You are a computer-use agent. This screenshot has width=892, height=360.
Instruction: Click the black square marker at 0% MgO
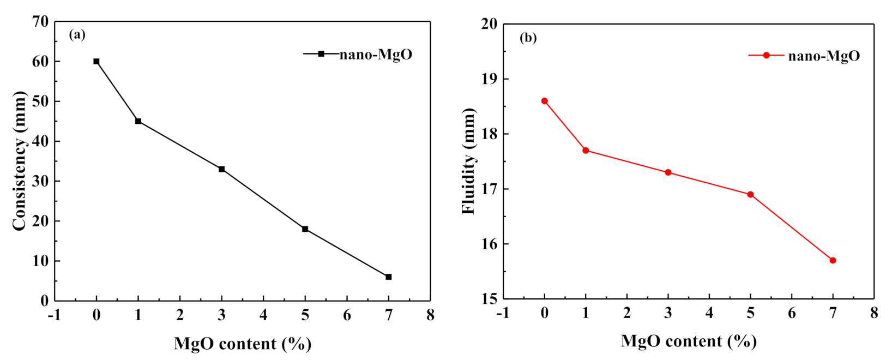pos(97,62)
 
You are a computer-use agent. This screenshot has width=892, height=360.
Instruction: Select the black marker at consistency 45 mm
pos(138,121)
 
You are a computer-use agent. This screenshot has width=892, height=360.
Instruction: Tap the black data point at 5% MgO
pos(305,229)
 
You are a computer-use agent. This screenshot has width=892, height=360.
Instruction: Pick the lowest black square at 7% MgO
pos(389,277)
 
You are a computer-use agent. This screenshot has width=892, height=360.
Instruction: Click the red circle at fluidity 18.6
pos(544,101)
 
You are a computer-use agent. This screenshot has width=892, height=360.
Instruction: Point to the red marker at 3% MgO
pos(668,172)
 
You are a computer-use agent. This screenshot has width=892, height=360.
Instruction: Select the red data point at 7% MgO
pos(833,260)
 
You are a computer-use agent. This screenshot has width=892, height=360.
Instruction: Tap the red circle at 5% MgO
pos(750,194)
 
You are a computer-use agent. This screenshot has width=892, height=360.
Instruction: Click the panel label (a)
pos(77,35)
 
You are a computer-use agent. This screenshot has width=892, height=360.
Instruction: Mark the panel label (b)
pos(528,38)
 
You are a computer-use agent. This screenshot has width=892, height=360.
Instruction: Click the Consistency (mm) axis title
pos(20,161)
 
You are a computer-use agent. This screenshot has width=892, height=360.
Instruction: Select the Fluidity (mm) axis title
pos(468,161)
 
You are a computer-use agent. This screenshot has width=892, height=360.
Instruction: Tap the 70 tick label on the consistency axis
pos(41,22)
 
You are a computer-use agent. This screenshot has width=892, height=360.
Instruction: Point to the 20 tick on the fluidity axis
pos(489,24)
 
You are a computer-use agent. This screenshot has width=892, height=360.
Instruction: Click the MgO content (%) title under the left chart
pos(242,344)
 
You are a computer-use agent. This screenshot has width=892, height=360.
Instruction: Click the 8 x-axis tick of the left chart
pos(430,315)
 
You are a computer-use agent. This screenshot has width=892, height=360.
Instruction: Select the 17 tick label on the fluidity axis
pos(489,189)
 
